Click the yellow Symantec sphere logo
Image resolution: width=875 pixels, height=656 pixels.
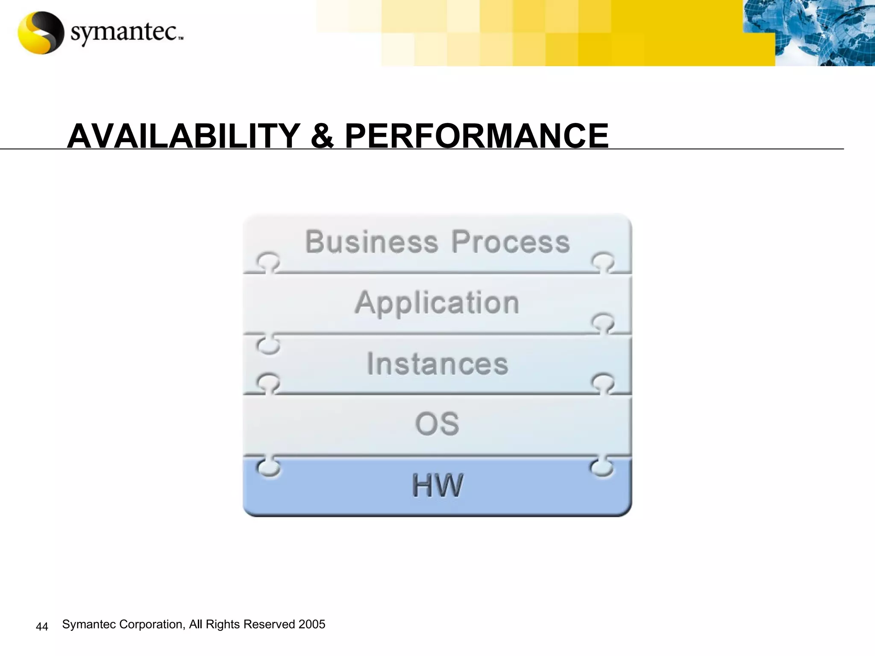pyautogui.click(x=40, y=33)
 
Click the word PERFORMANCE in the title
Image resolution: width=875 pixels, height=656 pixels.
pyautogui.click(x=476, y=136)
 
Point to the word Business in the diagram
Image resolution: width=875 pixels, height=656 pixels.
pyautogui.click(x=372, y=242)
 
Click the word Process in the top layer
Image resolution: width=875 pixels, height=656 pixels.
pyautogui.click(x=511, y=242)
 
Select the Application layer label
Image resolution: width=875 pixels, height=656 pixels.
pyautogui.click(x=437, y=303)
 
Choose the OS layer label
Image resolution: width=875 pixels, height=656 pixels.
pyautogui.click(x=437, y=424)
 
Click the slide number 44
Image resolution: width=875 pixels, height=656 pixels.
pyautogui.click(x=42, y=627)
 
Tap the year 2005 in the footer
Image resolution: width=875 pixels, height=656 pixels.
pyautogui.click(x=312, y=624)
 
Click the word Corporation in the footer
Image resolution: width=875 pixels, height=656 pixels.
pyautogui.click(x=152, y=624)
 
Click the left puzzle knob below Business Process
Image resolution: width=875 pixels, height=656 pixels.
pyautogui.click(x=268, y=261)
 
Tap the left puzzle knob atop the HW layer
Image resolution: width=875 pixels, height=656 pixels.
pyautogui.click(x=268, y=466)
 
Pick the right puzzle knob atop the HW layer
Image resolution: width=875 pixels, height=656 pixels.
pyautogui.click(x=602, y=466)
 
